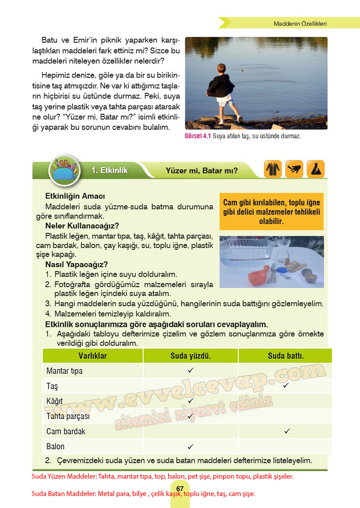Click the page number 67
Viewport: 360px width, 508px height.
pyautogui.click(x=180, y=489)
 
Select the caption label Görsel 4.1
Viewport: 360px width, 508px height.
pyautogui.click(x=197, y=136)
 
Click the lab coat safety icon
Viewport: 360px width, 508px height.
pyautogui.click(x=273, y=169)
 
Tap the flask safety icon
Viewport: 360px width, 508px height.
pyautogui.click(x=316, y=169)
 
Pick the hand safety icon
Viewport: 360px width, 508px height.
pyautogui.click(x=294, y=169)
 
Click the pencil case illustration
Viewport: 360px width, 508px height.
pyautogui.click(x=65, y=171)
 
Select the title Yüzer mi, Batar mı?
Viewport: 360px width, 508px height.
pyautogui.click(x=201, y=170)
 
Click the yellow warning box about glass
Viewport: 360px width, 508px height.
pyautogui.click(x=271, y=211)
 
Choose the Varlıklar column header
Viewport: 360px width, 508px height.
pyautogui.click(x=92, y=356)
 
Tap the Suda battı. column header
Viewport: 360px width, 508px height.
pyautogui.click(x=285, y=356)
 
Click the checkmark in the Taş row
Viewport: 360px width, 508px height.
pyautogui.click(x=286, y=385)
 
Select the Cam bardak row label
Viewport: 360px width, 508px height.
pyautogui.click(x=66, y=431)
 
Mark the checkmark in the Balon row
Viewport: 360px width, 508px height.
pyautogui.click(x=190, y=446)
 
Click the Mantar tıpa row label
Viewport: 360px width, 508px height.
pyautogui.click(x=64, y=371)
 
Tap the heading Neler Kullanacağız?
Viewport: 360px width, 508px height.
pyautogui.click(x=82, y=225)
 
